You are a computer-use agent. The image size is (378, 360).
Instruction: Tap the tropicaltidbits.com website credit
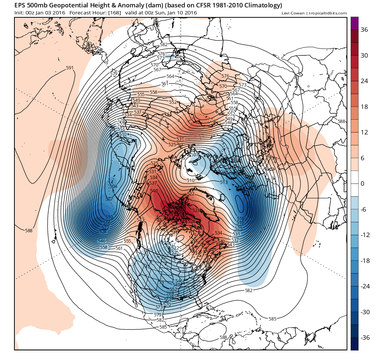[329, 13]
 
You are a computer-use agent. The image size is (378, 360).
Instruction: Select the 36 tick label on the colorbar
[364, 30]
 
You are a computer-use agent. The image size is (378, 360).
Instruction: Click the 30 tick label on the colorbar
[364, 55]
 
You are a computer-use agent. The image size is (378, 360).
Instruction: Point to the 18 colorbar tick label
[364, 107]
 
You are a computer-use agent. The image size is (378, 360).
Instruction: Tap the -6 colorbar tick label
[364, 209]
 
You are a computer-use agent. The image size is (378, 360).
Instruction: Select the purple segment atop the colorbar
[354, 23]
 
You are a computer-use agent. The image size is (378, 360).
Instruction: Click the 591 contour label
[70, 68]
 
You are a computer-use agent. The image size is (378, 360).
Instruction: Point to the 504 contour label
[113, 186]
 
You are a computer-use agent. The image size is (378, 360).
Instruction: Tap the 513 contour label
[223, 182]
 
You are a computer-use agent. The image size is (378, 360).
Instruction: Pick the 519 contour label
[240, 223]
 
